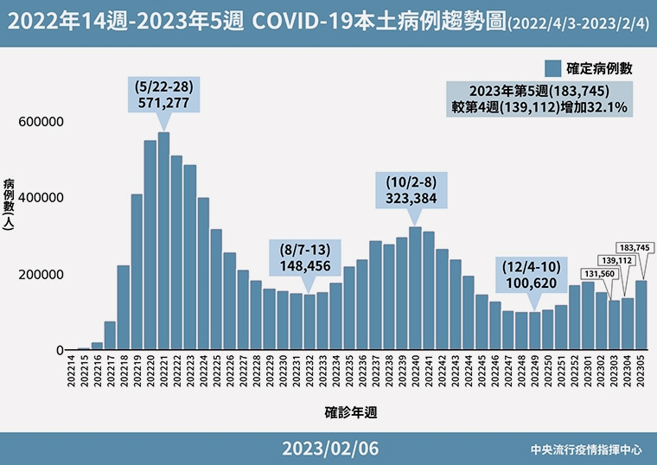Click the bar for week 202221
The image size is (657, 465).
coord(163,242)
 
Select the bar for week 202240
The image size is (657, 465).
coord(415,289)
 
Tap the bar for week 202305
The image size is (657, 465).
coord(641,315)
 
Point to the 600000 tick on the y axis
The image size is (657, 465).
coord(41,122)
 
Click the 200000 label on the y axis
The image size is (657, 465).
coord(41,275)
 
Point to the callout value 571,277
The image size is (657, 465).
coord(163,102)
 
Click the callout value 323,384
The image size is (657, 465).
coord(411,198)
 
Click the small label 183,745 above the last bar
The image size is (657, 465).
coord(634,247)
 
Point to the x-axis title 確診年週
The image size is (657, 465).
coord(351,413)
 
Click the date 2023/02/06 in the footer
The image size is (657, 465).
coord(329,449)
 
